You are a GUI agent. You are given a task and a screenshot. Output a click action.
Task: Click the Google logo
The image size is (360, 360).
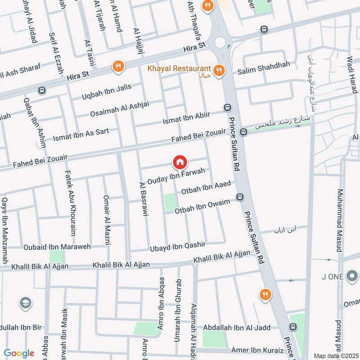19,353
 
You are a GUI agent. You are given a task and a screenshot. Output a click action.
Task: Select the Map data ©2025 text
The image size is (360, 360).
335,355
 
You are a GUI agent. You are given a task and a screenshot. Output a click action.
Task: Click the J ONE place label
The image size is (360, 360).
333,277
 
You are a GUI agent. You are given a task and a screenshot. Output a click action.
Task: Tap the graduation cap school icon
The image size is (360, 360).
26,304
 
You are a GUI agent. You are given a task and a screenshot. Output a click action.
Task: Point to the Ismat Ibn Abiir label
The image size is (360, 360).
186,119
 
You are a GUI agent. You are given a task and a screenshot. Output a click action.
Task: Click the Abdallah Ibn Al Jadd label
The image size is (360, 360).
236,328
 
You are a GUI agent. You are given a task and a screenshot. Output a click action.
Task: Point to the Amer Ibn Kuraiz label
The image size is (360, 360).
257,350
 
